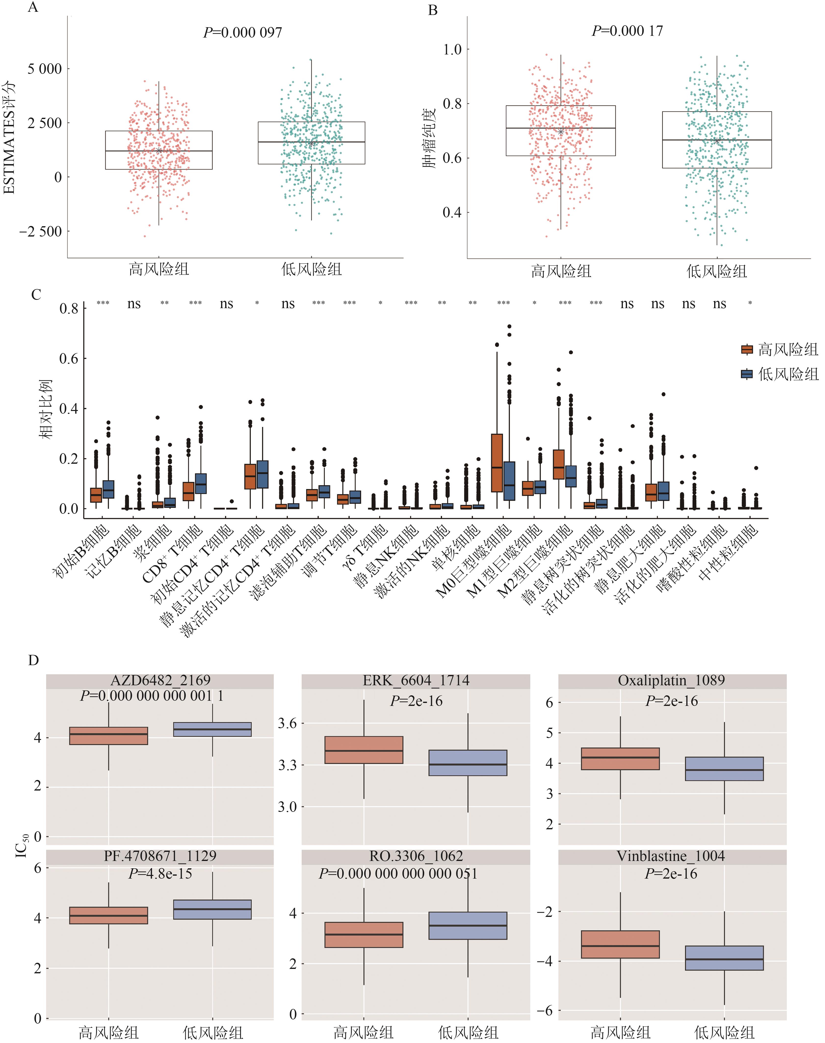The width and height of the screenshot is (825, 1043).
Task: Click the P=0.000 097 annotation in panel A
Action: click(242, 32)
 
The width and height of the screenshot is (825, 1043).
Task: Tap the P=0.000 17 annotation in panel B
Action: click(628, 31)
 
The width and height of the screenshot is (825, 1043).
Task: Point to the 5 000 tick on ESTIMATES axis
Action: click(44, 69)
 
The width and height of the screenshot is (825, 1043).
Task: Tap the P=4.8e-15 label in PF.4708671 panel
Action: click(160, 873)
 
